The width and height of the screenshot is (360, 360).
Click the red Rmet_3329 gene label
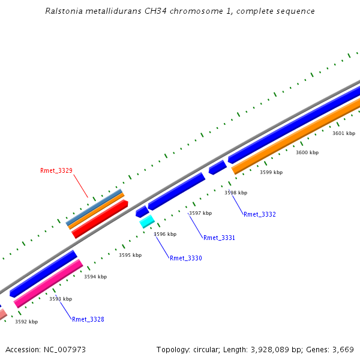56,171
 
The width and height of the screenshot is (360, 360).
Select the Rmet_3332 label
260,215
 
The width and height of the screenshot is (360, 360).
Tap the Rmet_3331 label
219,238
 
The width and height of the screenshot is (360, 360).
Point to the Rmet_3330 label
186,259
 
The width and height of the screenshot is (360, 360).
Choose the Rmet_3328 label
88,320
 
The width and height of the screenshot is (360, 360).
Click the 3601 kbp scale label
344,133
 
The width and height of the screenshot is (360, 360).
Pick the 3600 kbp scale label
307,153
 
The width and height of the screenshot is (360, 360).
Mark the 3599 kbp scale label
271,173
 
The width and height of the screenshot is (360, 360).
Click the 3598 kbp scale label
236,193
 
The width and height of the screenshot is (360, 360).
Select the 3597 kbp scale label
200,214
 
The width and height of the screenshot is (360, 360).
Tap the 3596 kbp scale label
165,235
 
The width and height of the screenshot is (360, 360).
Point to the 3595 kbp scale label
130,256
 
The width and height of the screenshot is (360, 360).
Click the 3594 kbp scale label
95,277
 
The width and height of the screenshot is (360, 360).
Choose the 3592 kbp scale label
26,322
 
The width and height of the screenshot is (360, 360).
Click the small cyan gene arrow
147,222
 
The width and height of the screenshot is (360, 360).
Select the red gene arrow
100,219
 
